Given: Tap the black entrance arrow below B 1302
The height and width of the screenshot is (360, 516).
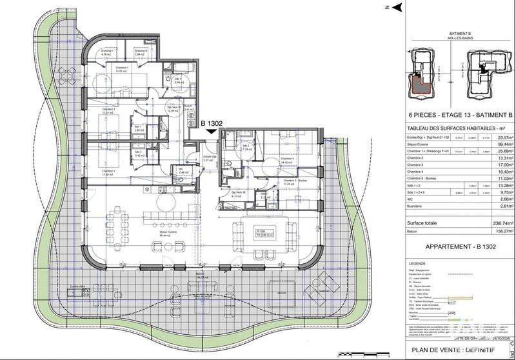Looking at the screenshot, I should pyautogui.click(x=212, y=132).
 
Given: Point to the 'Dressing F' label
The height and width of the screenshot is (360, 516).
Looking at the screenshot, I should pyautogui.click(x=107, y=50).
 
